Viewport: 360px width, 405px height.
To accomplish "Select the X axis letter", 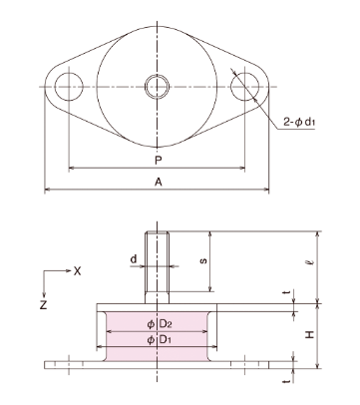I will [x=77, y=270].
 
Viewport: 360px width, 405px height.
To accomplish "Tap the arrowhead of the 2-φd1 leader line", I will [x=232, y=72].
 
